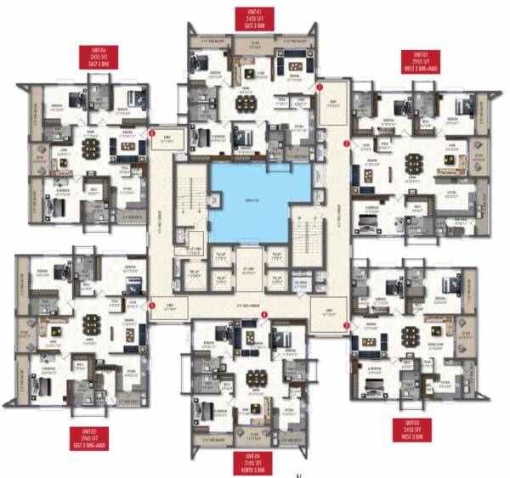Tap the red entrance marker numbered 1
[320, 87]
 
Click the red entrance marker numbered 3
[345, 324]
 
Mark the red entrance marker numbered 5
[152, 305]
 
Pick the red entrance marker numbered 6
[152, 132]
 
